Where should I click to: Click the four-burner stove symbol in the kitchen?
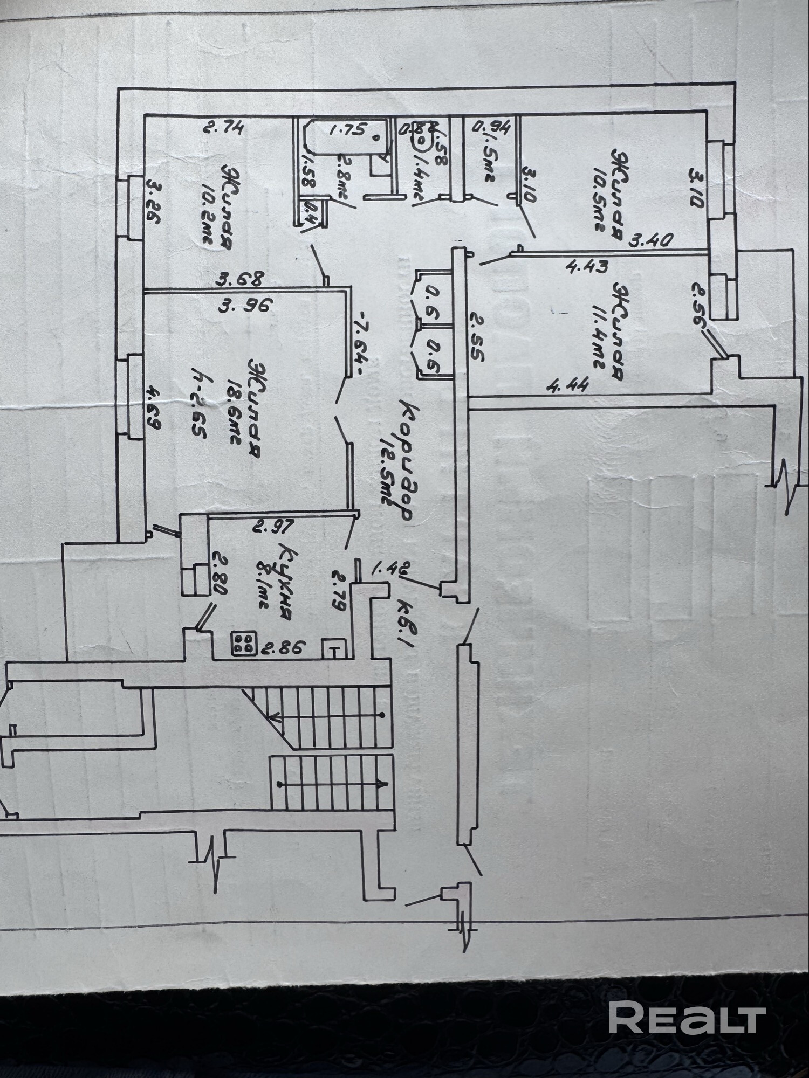[x=244, y=643]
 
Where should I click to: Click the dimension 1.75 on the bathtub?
[x=348, y=130]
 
